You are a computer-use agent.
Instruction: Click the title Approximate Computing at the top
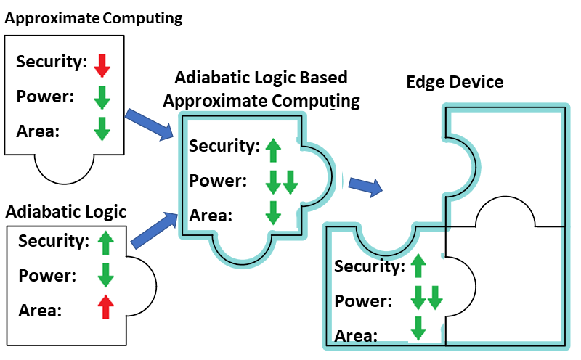93,18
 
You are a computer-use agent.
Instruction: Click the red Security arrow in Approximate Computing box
102,64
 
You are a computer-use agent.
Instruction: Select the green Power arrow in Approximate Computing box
102,97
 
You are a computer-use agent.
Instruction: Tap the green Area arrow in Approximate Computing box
102,128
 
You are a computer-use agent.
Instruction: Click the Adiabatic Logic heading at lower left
66,212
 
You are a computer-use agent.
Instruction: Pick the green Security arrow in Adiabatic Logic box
107,242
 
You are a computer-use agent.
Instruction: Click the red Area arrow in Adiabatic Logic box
107,307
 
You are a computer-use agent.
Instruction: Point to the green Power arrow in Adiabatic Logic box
107,275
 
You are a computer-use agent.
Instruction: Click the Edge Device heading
455,82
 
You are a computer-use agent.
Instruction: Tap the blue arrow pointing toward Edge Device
365,187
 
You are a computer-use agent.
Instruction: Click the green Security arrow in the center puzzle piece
273,150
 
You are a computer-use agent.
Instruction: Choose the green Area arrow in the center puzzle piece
273,213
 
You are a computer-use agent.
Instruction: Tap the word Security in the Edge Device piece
370,266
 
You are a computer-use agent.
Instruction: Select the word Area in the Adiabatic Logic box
40,311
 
